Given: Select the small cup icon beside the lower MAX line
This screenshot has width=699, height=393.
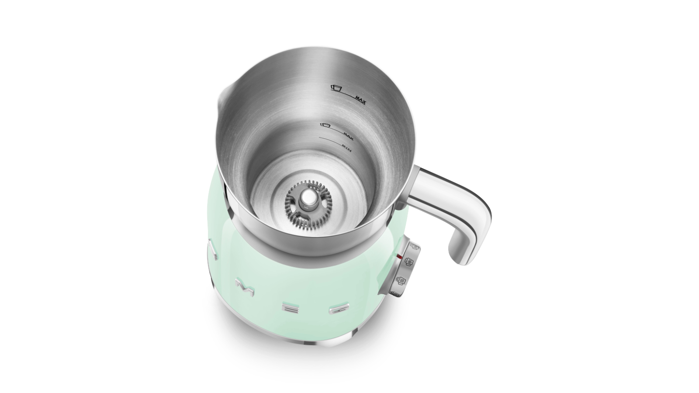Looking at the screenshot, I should tap(325, 125).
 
